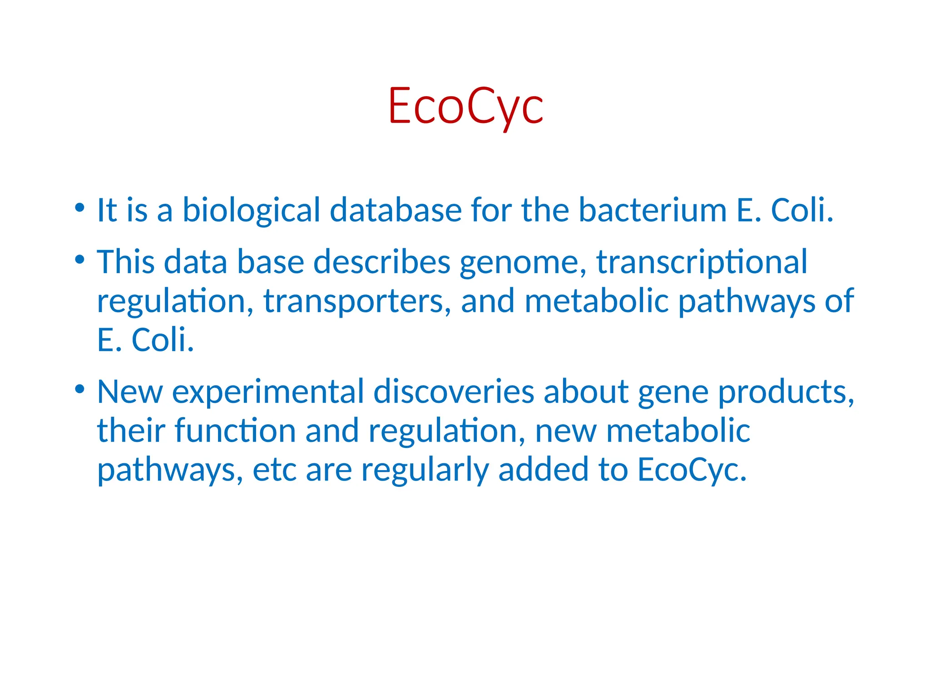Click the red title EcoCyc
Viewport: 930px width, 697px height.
point(465,106)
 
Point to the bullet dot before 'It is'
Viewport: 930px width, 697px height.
point(80,208)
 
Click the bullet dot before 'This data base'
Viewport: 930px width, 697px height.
point(80,260)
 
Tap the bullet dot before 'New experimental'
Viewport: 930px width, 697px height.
point(80,389)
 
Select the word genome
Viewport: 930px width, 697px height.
point(523,263)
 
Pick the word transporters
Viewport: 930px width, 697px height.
point(357,302)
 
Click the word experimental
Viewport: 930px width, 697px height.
point(268,392)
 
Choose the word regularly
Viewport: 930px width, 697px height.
point(425,470)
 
